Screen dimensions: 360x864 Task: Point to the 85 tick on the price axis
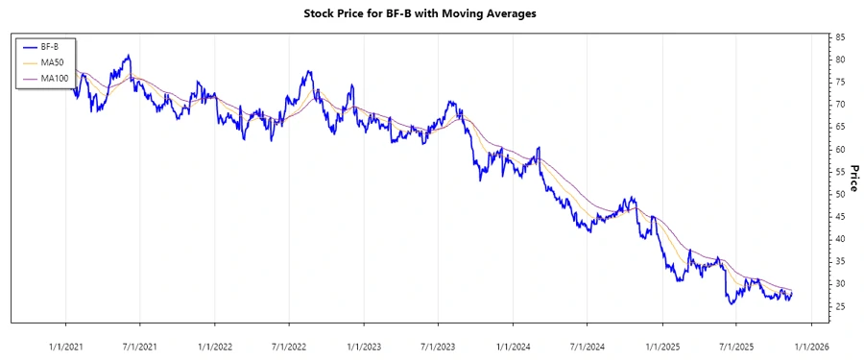[840, 37]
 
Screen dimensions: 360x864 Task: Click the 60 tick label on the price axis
[840, 149]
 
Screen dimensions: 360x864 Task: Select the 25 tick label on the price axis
[840, 306]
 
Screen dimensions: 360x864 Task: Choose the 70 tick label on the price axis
[840, 105]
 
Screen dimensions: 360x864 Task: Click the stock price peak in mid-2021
[128, 56]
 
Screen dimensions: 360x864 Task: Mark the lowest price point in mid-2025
[731, 304]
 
